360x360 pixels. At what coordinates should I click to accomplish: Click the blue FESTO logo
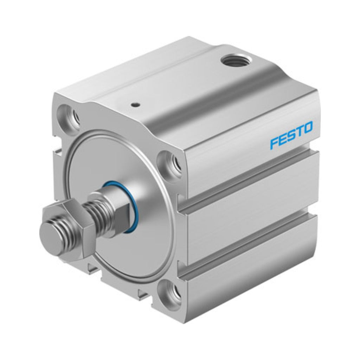click(x=291, y=136)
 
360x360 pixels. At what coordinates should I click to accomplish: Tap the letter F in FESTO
click(x=274, y=143)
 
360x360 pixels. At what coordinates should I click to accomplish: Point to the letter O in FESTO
click(x=307, y=128)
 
